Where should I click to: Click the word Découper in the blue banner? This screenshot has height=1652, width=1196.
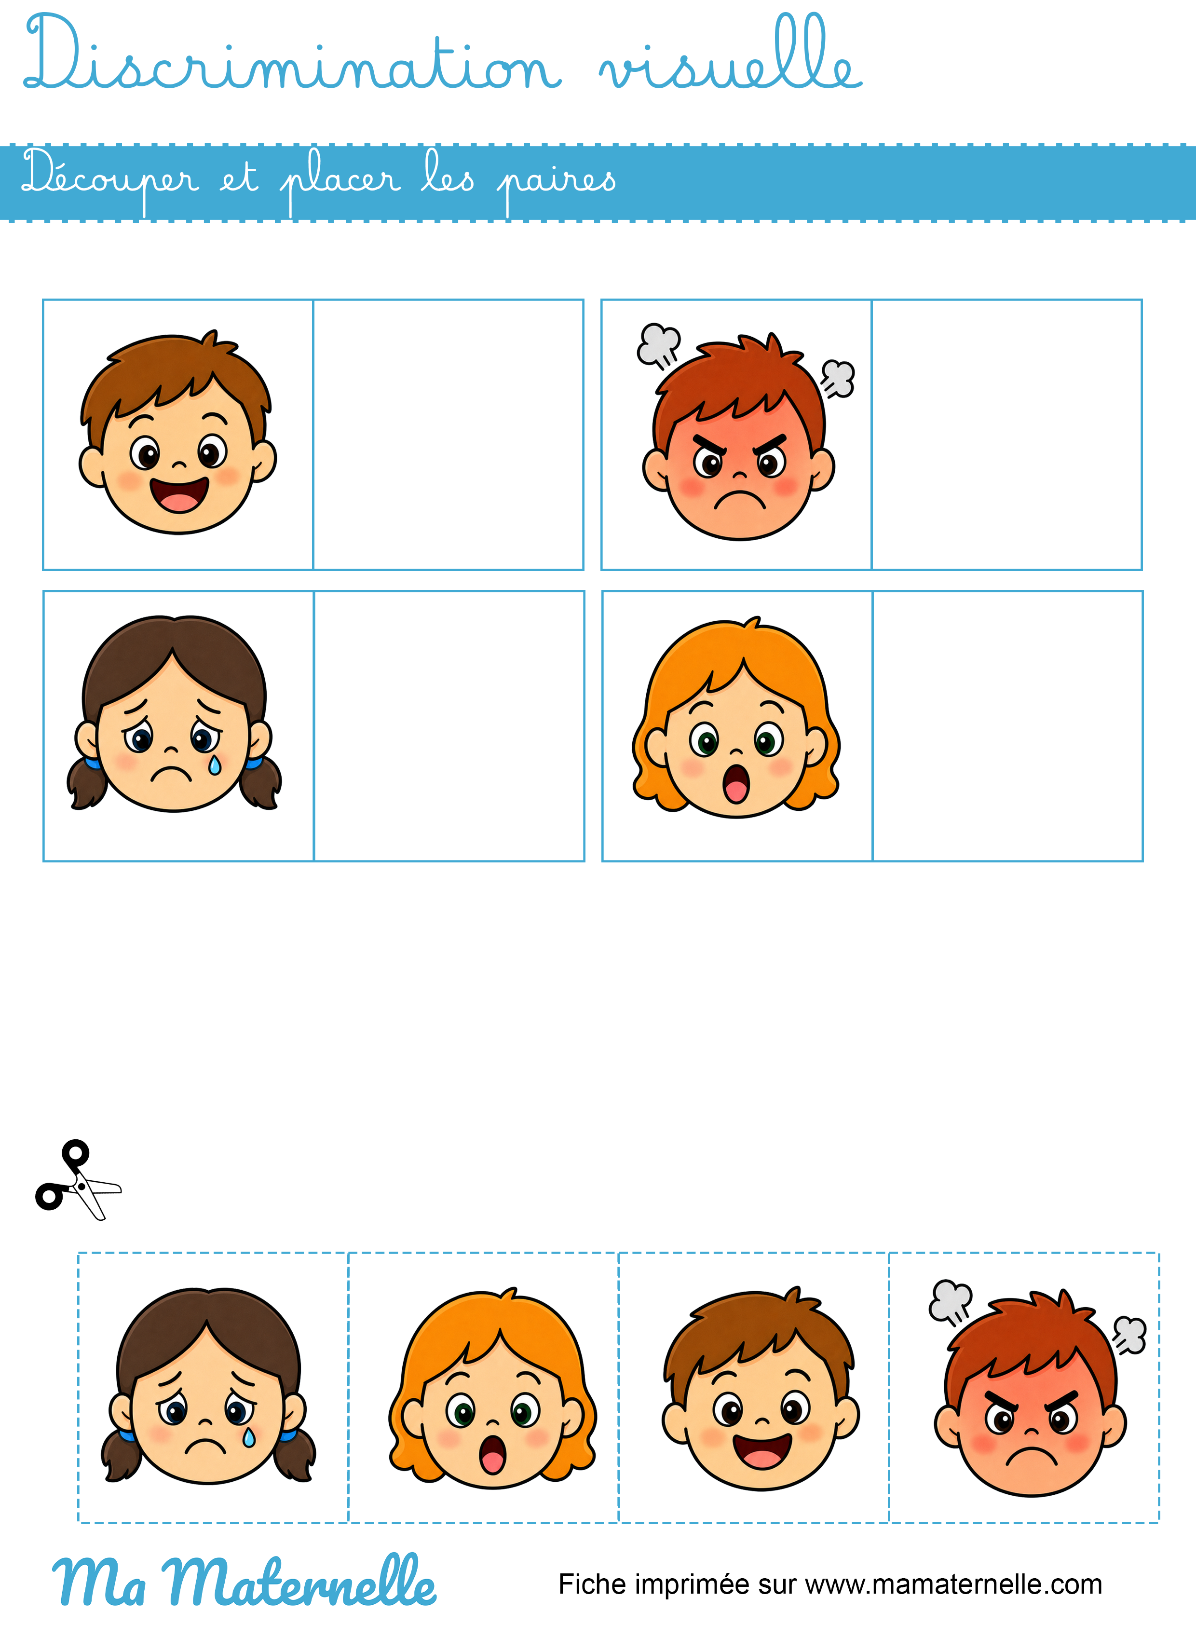click(110, 179)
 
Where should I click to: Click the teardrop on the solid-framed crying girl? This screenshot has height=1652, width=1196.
click(215, 765)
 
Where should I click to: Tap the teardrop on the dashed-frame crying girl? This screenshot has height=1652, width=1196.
click(249, 1437)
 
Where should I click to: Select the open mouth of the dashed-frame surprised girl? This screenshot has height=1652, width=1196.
click(492, 1454)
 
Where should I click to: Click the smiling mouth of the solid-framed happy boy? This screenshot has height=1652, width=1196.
click(179, 495)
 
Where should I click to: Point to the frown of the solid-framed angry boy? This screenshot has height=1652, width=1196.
click(739, 500)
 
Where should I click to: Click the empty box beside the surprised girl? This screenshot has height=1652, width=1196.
click(1007, 726)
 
